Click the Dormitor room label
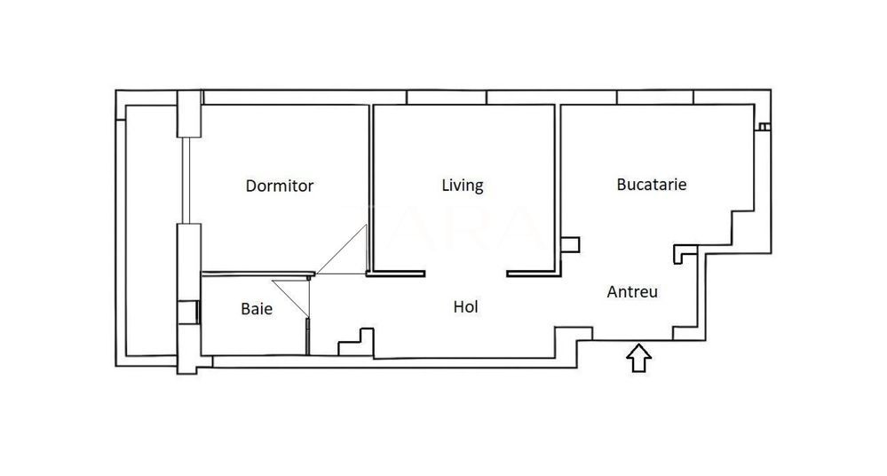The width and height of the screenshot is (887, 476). point(280,186)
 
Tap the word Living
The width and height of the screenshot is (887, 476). point(463,186)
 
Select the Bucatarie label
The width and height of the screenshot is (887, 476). point(652,186)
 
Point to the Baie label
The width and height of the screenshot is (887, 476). point(257,310)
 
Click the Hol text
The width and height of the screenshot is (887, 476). point(466,307)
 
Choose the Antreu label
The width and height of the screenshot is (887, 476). point(632,291)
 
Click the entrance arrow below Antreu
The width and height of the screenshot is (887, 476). point(639,358)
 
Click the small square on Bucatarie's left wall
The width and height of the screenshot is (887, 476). point(571,244)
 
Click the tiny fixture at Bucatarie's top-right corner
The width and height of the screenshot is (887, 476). point(763,127)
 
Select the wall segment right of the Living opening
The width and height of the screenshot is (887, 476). point(532,274)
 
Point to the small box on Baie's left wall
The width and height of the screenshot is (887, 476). point(188,312)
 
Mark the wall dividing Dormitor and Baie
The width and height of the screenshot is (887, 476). point(257,274)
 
